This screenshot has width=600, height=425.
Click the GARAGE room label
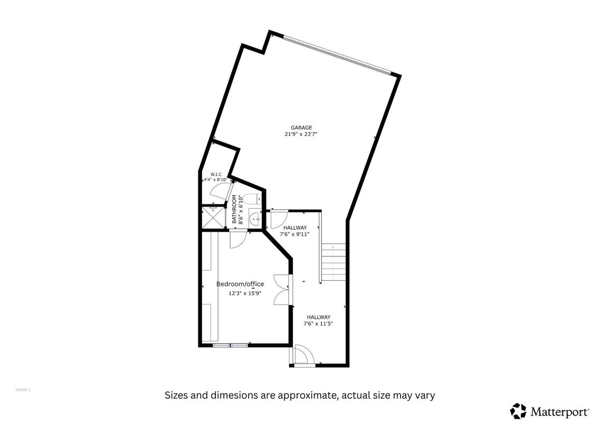[x=301, y=127]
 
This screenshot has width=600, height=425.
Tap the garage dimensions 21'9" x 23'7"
[x=301, y=134]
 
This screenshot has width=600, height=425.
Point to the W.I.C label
[x=216, y=174]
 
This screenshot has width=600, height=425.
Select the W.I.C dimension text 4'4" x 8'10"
[x=215, y=179]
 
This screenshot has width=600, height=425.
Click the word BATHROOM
[x=234, y=209]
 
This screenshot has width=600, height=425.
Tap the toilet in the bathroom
[x=252, y=199]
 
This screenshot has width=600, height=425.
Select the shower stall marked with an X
[x=213, y=218]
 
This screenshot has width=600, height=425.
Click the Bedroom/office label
[x=240, y=284]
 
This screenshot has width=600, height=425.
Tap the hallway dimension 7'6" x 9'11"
[x=294, y=234]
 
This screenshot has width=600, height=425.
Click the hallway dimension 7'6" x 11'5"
[x=318, y=324]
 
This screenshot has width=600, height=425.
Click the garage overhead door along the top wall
[x=337, y=54]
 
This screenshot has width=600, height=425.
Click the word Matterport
[x=559, y=412]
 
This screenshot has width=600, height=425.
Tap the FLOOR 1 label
[x=23, y=390]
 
